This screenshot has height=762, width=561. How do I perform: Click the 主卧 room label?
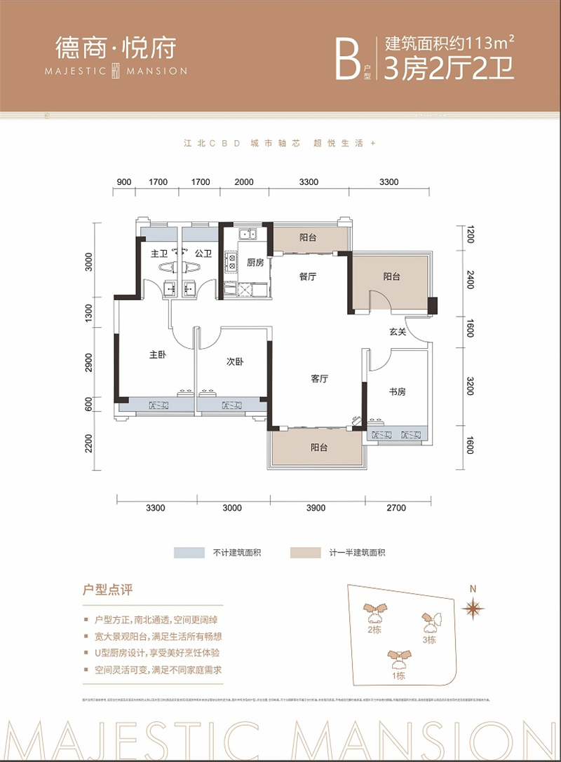[156, 355]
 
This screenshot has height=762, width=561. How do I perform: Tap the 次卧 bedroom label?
[234, 362]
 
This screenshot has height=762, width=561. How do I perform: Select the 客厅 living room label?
[320, 379]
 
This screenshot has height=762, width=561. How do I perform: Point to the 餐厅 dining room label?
[307, 277]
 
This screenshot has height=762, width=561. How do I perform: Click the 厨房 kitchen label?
[255, 263]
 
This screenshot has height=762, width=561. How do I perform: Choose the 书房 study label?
[397, 392]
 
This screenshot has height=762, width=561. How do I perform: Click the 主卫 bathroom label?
[158, 254]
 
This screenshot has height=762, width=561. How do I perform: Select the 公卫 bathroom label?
[203, 254]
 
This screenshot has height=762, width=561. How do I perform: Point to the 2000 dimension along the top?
[243, 183]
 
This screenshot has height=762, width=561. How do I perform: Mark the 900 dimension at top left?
[124, 183]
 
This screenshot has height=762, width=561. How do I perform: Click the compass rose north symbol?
[475, 607]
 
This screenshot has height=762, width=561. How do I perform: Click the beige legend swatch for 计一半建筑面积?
[302, 553]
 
